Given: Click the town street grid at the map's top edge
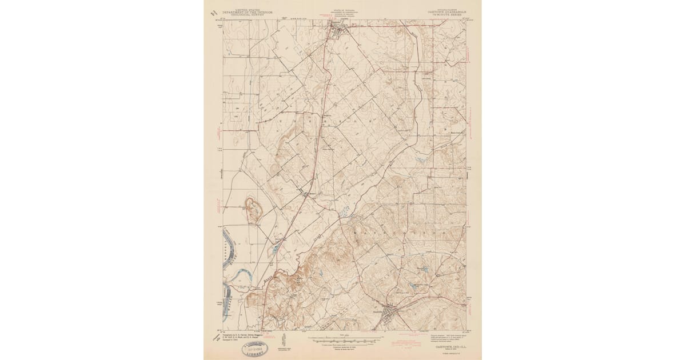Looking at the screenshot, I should click(x=336, y=30).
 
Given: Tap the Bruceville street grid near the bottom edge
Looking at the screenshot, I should click(x=390, y=311).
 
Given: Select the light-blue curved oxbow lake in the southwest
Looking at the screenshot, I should click(x=239, y=281).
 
